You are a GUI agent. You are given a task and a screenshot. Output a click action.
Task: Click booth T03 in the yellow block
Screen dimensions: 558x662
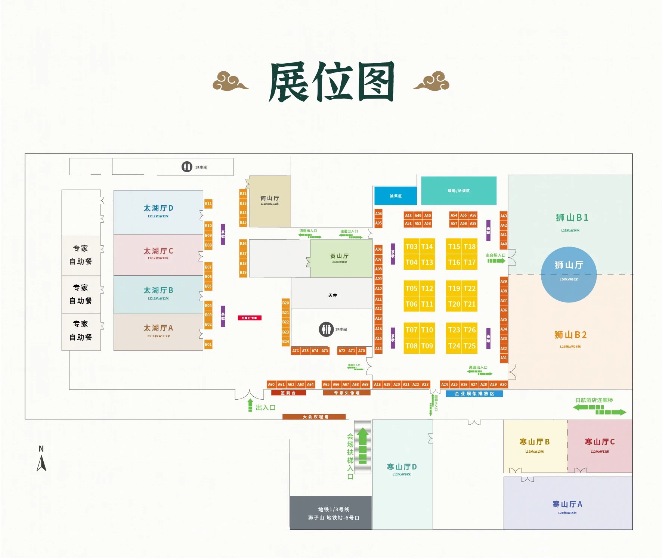point(411,247)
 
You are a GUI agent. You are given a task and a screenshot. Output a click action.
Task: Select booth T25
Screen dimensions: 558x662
point(470,346)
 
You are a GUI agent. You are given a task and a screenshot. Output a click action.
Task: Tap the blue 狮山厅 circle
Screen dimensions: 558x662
point(569,274)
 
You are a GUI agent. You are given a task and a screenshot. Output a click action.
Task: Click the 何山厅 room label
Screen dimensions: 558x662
point(270,198)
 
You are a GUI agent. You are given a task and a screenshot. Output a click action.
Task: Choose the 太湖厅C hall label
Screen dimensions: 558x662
point(158,251)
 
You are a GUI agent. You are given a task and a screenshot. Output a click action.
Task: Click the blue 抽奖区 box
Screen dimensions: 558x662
point(395,196)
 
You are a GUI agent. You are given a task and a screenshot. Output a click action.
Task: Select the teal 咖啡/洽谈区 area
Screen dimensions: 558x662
point(458,191)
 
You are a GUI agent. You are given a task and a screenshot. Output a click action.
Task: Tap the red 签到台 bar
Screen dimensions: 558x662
point(288,393)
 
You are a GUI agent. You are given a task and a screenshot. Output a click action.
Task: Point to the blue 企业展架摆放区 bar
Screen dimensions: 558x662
point(474,394)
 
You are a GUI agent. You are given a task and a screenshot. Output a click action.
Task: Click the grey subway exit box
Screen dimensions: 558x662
point(331,513)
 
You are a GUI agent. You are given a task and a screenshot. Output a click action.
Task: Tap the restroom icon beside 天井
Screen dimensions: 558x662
point(326,329)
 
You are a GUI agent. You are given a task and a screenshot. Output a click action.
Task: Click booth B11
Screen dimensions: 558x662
point(208,204)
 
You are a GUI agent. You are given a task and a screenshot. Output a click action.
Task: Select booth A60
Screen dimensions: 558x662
point(271,384)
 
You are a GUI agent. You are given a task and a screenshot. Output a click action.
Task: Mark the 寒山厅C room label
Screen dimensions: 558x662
point(600,442)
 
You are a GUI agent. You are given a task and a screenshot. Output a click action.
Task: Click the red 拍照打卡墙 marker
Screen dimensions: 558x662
point(250,318)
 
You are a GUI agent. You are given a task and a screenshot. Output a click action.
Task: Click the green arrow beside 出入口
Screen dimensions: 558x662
point(250,405)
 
